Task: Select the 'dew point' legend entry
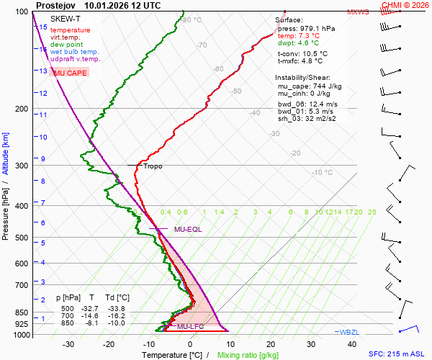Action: pos(66,45)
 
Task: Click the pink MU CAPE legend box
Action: pos(70,73)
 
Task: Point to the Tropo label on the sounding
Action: pos(153,166)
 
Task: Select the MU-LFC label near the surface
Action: pos(191,327)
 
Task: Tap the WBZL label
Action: pos(351,332)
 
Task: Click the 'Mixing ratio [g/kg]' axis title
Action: pos(248,355)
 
